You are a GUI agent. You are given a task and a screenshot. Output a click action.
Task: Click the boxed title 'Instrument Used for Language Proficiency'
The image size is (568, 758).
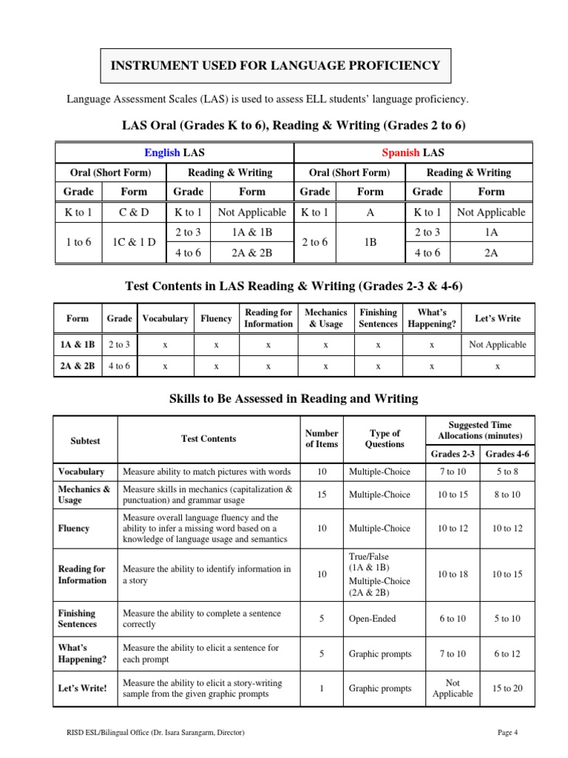(x=275, y=66)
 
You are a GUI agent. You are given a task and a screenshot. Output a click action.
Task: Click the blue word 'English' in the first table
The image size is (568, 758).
(x=162, y=152)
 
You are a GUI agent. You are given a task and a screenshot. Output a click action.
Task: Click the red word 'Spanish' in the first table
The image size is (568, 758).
(x=400, y=152)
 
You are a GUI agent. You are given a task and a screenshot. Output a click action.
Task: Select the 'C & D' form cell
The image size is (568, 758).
(x=134, y=212)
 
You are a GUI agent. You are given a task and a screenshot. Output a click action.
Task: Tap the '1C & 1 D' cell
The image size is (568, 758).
(x=134, y=242)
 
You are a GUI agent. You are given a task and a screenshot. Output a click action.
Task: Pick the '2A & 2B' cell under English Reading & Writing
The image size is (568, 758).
(x=252, y=252)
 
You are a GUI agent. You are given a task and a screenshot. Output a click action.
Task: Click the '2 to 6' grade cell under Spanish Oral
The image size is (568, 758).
(x=315, y=242)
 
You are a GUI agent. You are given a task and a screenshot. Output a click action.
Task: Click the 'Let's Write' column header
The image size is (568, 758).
(x=498, y=318)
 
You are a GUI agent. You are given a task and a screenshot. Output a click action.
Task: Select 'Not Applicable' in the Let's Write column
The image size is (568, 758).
(x=498, y=344)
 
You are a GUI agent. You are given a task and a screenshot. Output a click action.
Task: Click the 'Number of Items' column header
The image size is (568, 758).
(x=322, y=438)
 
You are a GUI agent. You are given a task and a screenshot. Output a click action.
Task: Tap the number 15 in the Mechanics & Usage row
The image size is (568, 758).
(x=322, y=494)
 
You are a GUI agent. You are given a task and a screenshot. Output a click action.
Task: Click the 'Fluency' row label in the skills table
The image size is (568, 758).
(x=74, y=529)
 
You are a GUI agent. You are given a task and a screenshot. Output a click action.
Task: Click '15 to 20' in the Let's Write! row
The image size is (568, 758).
(x=507, y=688)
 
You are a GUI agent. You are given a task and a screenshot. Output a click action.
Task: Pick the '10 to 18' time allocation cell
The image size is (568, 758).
(x=453, y=574)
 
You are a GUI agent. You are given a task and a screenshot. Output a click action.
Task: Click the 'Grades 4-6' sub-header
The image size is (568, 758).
(x=507, y=454)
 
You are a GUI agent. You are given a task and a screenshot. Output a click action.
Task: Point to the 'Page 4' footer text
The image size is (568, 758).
(x=507, y=733)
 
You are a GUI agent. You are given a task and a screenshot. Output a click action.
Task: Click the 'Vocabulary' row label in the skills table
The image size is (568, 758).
(x=81, y=472)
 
